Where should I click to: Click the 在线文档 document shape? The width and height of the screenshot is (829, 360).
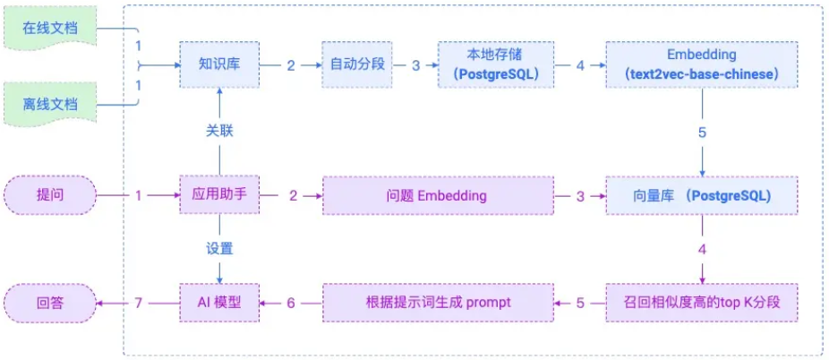(x=49, y=28)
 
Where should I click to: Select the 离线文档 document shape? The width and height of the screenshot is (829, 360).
(x=49, y=104)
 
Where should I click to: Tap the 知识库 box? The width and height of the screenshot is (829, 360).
(x=219, y=64)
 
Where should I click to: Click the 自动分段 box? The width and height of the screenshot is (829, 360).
(x=356, y=64)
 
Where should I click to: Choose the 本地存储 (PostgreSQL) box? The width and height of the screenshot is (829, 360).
(x=494, y=64)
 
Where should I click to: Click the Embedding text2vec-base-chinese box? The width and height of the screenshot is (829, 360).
(x=701, y=64)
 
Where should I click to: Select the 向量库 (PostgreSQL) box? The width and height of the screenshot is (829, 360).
(x=701, y=194)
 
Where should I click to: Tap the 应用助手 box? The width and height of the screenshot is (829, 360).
(x=219, y=194)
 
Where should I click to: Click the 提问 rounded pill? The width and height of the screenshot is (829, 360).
(x=49, y=194)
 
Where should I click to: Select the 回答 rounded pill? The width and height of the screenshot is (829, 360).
(x=49, y=303)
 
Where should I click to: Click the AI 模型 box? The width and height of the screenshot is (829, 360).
(x=219, y=303)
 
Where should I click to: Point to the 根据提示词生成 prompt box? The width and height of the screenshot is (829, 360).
(x=439, y=303)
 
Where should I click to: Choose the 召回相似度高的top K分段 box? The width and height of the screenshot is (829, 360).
(x=701, y=303)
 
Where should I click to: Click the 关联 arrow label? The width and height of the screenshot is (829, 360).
(x=219, y=131)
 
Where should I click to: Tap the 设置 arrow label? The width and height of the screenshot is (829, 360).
(x=219, y=248)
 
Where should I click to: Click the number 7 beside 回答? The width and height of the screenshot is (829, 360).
(x=139, y=303)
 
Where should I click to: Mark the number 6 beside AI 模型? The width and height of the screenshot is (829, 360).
(x=291, y=303)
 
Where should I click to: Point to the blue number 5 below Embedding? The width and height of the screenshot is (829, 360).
(x=701, y=131)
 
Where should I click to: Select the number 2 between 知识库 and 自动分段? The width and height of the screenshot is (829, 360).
(x=291, y=65)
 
